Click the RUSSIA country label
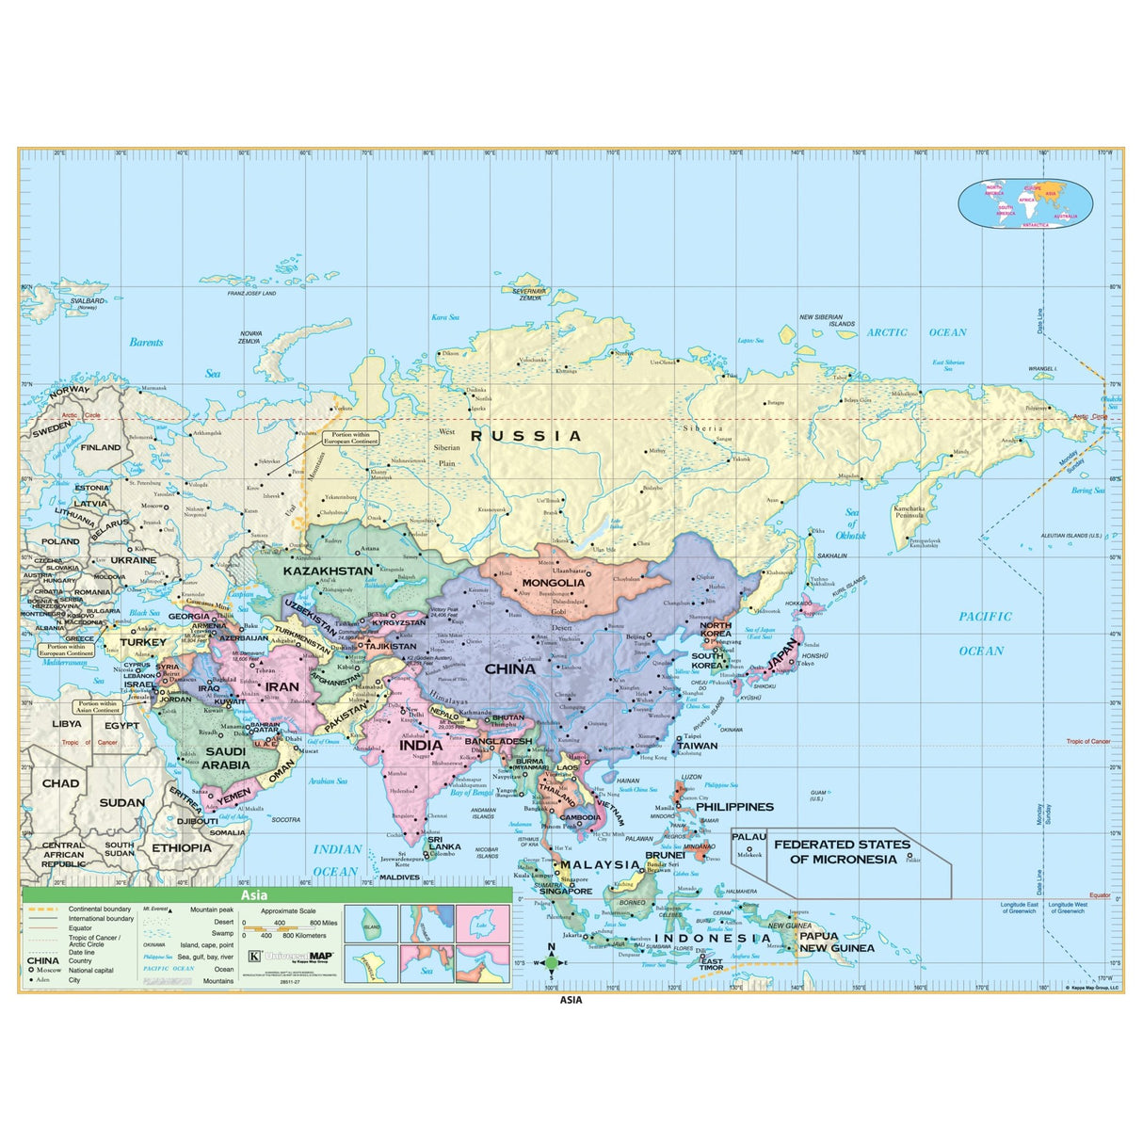526,436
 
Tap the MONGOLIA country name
553,583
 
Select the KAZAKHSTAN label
328,571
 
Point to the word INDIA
421,745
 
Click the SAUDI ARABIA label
226,758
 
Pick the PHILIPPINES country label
734,807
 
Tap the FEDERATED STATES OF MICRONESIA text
842,851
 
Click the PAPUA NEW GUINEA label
836,942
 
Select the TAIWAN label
697,746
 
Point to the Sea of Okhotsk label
851,524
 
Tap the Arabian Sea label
328,781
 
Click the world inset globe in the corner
1025,204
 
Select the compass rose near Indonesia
552,962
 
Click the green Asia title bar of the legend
266,894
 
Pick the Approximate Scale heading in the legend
288,911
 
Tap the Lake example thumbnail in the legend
482,925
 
